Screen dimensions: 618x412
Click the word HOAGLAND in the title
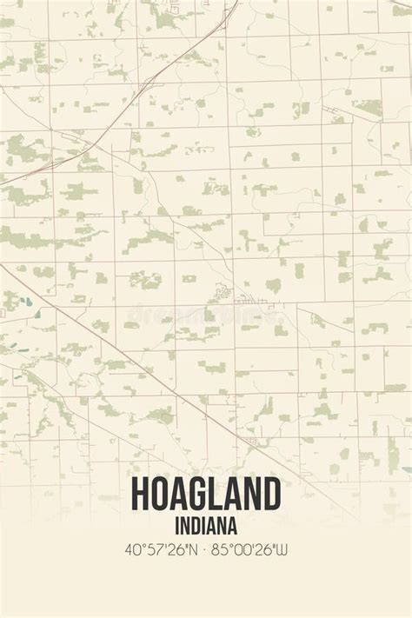pos(206,495)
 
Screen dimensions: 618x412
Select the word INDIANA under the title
pos(206,526)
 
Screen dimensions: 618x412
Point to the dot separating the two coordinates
pos(205,549)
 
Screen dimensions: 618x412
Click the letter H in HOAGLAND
pos(140,495)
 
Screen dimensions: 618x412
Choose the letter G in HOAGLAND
pos(199,495)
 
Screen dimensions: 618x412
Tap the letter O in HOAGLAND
pos(159,495)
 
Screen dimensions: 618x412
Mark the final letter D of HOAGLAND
pos(272,495)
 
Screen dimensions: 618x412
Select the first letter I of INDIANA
pos(176,526)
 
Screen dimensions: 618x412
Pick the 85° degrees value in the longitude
pos(222,549)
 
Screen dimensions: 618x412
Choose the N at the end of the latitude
pos(194,549)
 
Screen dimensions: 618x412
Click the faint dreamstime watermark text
pos(206,314)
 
